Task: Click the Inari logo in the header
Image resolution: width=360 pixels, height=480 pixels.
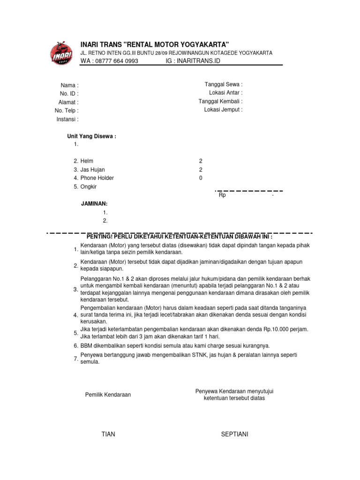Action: pos(61,54)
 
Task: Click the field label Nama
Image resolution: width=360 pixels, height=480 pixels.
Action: pos(69,85)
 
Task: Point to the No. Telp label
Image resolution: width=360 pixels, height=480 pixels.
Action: pos(66,111)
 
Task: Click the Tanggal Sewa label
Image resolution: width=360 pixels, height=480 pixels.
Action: pos(223,84)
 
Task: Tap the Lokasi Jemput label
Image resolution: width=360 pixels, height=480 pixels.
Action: pos(223,110)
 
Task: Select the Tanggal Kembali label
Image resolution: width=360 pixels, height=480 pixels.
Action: pos(220,101)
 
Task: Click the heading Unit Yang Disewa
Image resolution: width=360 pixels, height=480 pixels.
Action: pos(92,136)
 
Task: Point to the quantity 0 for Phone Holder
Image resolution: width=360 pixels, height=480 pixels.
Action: pos(201,178)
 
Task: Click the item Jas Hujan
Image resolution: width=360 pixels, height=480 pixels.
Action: pos(92,170)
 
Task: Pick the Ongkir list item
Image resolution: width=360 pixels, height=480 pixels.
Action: pos(89,187)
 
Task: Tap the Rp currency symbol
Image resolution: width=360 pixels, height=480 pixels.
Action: pos(222,195)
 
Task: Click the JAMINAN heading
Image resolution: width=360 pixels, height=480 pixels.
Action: pos(95,204)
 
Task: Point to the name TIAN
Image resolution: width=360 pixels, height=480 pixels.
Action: pos(108,434)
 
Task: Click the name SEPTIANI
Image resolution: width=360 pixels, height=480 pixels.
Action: pos(234,434)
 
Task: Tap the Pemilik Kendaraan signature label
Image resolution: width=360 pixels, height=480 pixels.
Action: pos(108,395)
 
